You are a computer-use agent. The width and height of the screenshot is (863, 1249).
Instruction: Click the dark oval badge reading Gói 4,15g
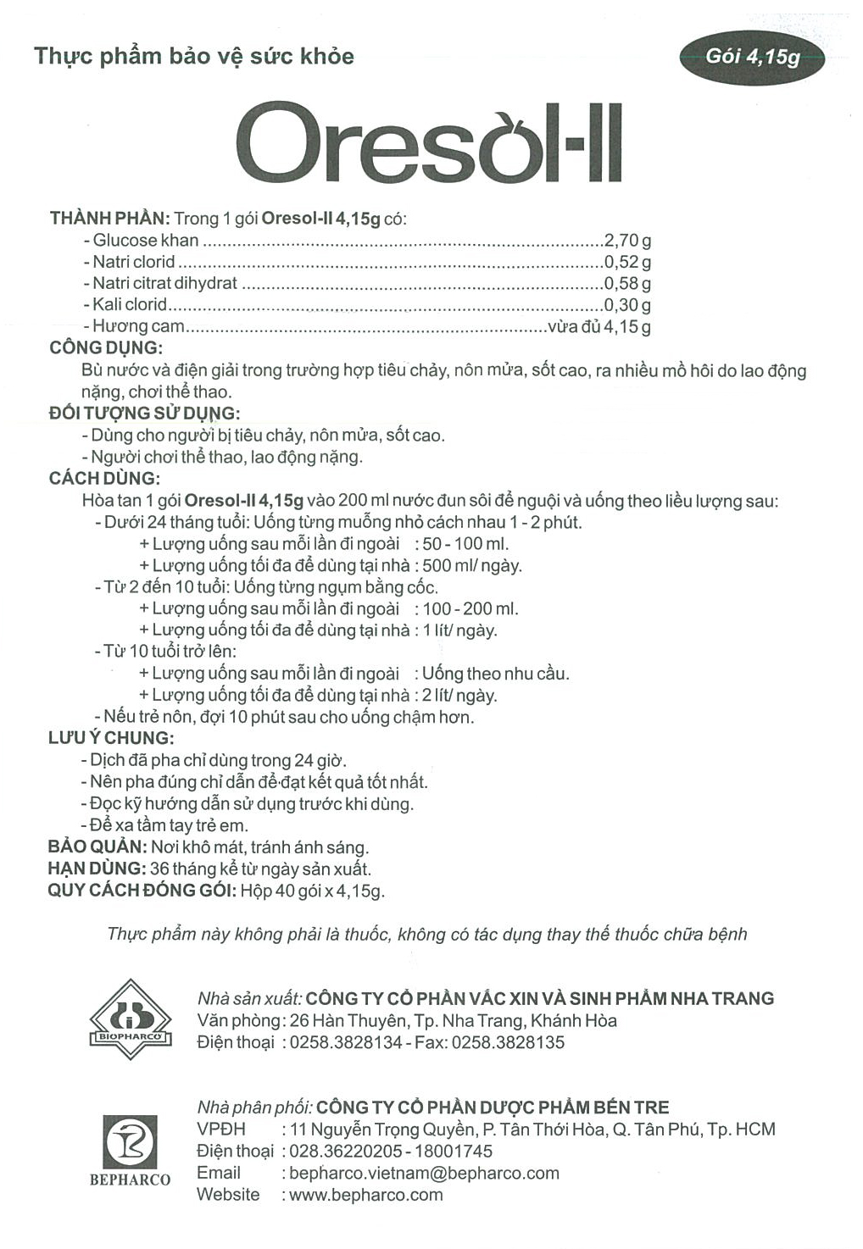752,56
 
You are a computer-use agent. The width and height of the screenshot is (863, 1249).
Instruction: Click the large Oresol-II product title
430,143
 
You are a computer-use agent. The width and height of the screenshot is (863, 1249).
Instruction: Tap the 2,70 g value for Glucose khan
627,241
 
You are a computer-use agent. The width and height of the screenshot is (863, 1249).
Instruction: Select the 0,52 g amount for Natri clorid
627,262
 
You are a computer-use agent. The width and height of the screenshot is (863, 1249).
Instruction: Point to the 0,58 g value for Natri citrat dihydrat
627,284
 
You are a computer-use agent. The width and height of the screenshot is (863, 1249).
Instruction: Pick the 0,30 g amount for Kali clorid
627,305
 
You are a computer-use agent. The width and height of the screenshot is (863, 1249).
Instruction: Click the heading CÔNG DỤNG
106,347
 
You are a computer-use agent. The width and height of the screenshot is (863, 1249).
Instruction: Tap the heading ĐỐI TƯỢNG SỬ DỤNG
144,414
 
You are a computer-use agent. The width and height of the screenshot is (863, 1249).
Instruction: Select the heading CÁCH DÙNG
104,478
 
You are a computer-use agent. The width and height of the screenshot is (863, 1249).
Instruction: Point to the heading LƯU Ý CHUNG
111,738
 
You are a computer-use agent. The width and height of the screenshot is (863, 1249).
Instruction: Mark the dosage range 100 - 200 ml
470,608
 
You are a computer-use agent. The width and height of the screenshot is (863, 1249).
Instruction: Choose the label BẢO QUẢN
97,847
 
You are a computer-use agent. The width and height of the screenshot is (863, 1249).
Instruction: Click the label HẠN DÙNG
96,869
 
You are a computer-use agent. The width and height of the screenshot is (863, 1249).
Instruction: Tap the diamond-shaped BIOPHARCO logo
131,1019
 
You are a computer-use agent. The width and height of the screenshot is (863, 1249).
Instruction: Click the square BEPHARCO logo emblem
131,1141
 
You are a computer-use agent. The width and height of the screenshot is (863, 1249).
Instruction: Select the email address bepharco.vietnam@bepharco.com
424,1174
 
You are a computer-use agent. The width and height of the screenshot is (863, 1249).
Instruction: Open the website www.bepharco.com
366,1195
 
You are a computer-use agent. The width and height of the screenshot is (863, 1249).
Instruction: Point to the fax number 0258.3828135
508,1042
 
